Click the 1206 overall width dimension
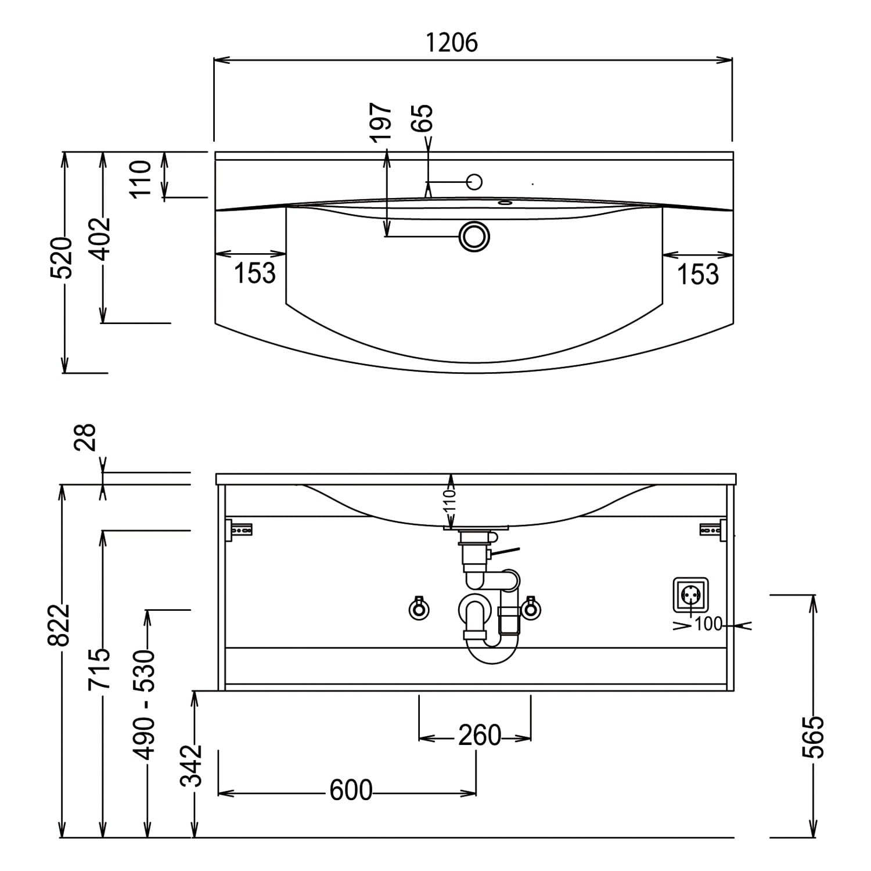point(452,42)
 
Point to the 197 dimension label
point(381,122)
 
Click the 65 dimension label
point(423,118)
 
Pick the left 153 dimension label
point(255,273)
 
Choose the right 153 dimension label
point(698,274)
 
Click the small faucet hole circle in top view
point(474,182)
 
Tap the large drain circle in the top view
point(474,236)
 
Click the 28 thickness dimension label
point(85,437)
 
